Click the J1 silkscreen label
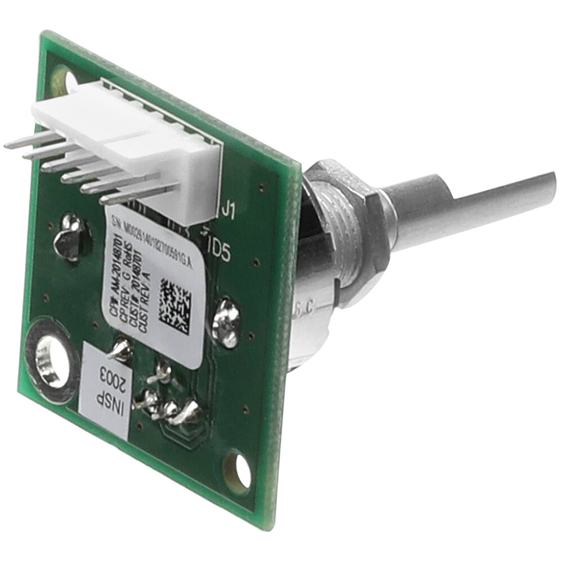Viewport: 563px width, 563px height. pos(229,212)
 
